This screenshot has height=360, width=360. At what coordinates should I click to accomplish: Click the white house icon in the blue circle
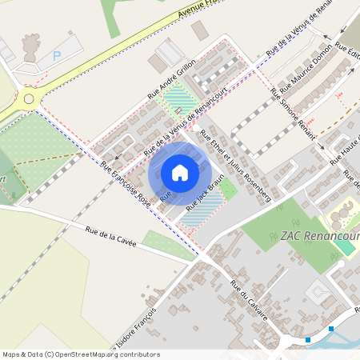[x=180, y=172]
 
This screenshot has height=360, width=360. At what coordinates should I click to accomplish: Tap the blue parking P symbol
[x=56, y=56]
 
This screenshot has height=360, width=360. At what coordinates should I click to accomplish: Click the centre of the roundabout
[x=30, y=99]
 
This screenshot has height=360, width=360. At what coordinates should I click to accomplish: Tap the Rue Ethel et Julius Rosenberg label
[x=236, y=165]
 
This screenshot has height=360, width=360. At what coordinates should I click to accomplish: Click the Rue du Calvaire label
[x=249, y=300]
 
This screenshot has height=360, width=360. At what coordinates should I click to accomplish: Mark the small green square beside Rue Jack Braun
[x=228, y=190]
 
